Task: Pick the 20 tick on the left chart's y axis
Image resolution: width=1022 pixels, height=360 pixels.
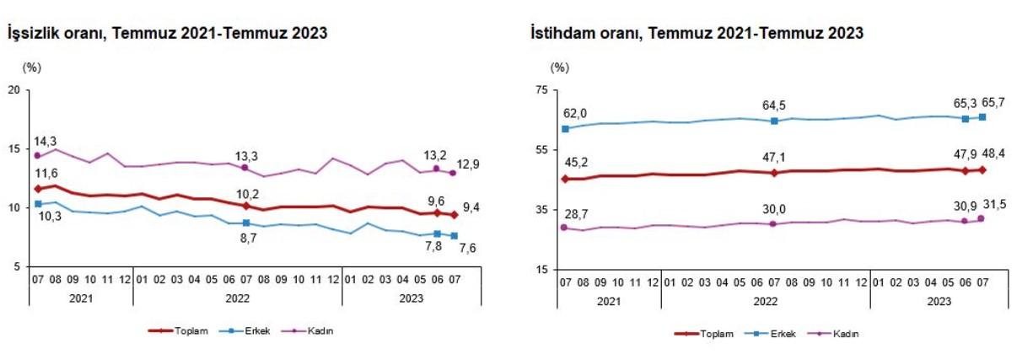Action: [x=13, y=89]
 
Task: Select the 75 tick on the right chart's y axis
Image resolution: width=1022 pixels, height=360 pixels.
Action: [x=541, y=89]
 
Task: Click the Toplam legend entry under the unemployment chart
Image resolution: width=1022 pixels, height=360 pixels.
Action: [x=173, y=330]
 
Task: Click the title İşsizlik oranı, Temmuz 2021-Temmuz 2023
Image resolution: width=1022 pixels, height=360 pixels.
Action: [x=167, y=34]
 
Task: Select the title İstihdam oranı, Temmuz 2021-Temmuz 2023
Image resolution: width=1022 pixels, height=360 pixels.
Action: [x=697, y=34]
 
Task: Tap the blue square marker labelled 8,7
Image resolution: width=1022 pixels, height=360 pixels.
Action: [x=245, y=223]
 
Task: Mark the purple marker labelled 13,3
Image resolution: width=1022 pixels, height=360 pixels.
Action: [x=245, y=168]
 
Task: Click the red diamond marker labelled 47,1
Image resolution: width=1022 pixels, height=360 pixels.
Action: [x=773, y=173]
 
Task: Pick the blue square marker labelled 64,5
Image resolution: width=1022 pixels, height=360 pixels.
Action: [x=773, y=121]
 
